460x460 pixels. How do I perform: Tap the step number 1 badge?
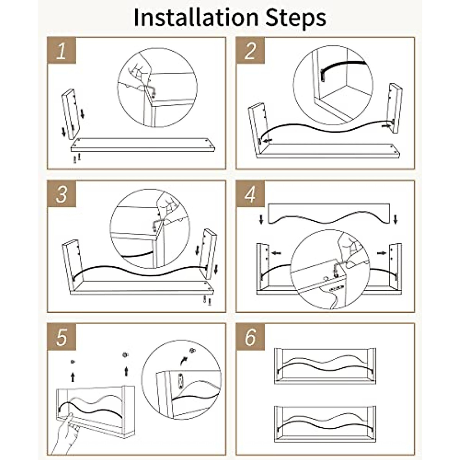coord(62,50)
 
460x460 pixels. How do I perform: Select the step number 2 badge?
coord(250,50)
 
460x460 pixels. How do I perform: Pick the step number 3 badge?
coord(62,194)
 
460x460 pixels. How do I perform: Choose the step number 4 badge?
coord(250,194)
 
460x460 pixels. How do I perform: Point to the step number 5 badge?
coord(62,337)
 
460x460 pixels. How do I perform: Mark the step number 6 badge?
coord(250,337)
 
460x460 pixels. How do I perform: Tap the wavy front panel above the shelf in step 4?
coord(329,213)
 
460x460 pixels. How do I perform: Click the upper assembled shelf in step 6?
coord(325,369)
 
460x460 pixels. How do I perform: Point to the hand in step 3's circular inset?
coord(168,205)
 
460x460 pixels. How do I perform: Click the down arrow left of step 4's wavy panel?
coord(261,219)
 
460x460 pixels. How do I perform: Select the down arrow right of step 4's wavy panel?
coord(396,219)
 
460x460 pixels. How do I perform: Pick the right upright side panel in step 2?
coord(394,108)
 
